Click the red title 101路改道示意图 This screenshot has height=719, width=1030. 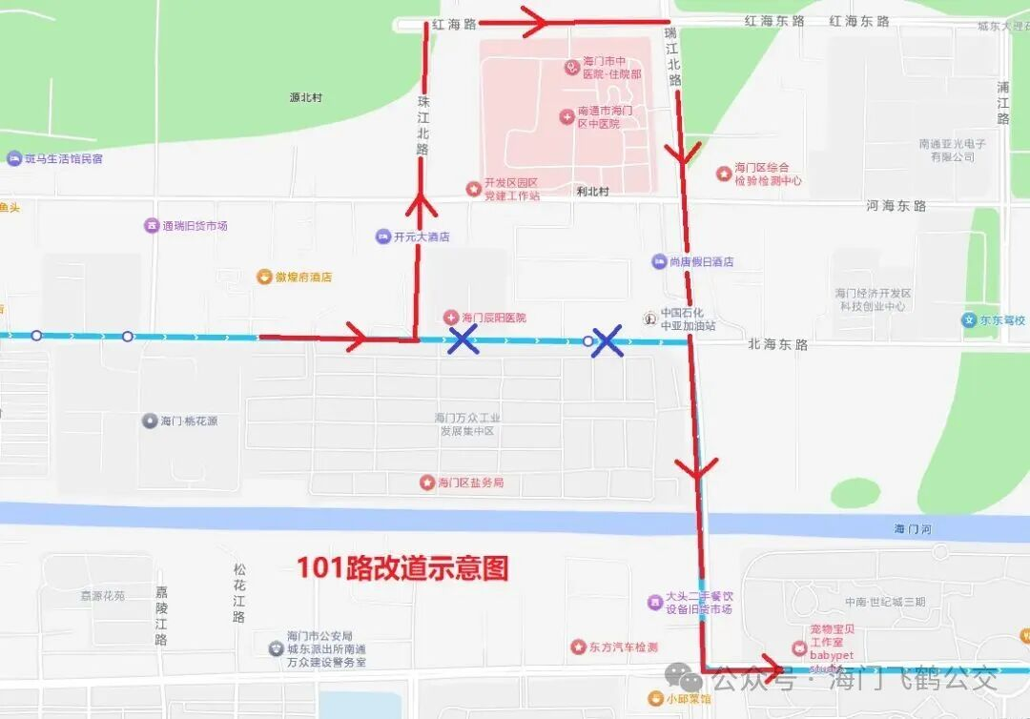pyautogui.click(x=402, y=568)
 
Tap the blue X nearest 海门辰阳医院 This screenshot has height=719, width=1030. pyautogui.click(x=463, y=339)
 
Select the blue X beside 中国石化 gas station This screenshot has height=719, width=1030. pyautogui.click(x=607, y=341)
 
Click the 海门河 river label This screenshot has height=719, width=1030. pyautogui.click(x=914, y=528)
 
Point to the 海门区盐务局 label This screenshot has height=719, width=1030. pyautogui.click(x=470, y=483)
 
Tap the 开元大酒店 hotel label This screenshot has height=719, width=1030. pyautogui.click(x=421, y=236)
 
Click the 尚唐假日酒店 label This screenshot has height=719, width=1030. pyautogui.click(x=701, y=261)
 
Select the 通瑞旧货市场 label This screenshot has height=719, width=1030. pyautogui.click(x=195, y=226)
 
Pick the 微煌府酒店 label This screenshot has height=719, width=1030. pyautogui.click(x=303, y=277)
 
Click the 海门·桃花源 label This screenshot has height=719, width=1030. pyautogui.click(x=189, y=421)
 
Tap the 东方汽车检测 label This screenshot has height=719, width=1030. pyautogui.click(x=622, y=647)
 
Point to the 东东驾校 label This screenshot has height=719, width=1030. pyautogui.click(x=1001, y=320)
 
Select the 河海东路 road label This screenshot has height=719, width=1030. pyautogui.click(x=896, y=205)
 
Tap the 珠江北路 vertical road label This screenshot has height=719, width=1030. pyautogui.click(x=423, y=124)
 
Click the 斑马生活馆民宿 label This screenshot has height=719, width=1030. pyautogui.click(x=63, y=158)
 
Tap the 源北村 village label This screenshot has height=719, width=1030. pyautogui.click(x=306, y=97)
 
